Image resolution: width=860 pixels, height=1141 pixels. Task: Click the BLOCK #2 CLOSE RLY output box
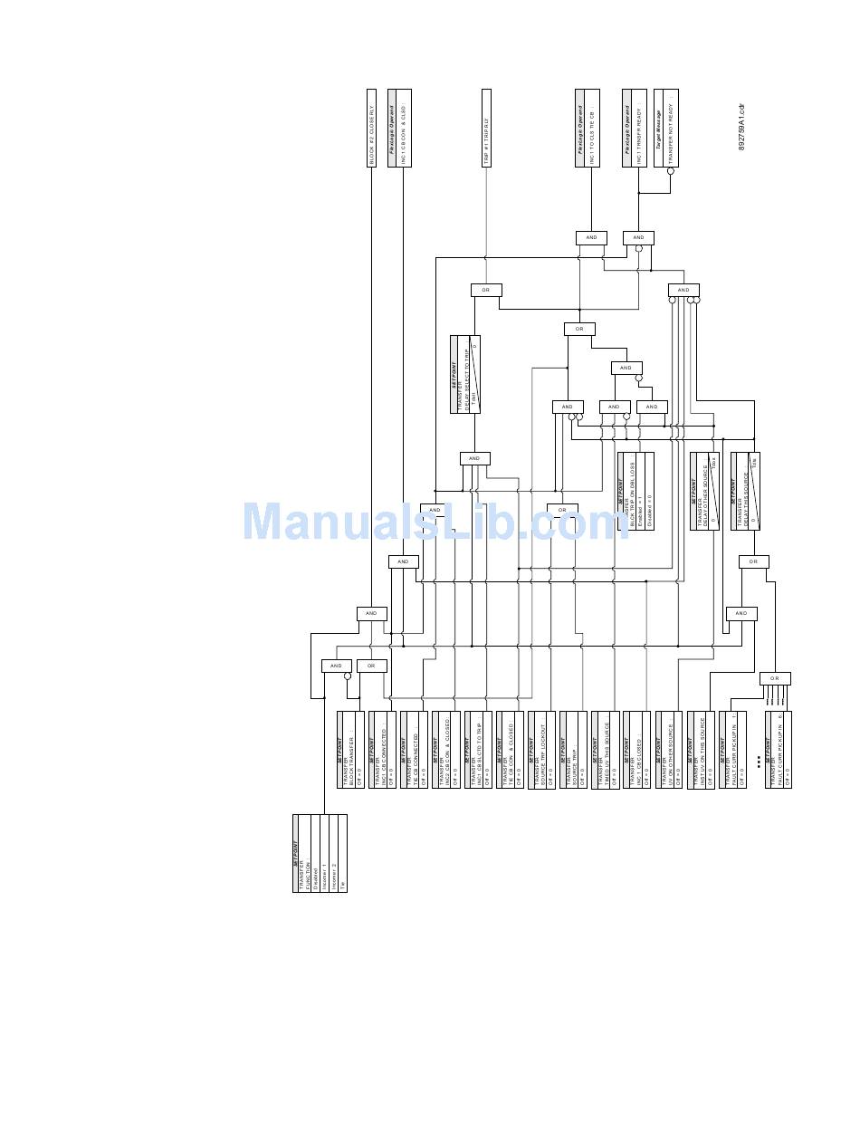[x=371, y=128]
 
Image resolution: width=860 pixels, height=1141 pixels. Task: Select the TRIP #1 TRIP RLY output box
[x=486, y=128]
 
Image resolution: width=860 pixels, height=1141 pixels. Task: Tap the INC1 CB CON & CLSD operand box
[x=398, y=128]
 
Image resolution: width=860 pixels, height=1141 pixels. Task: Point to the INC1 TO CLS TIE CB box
[x=588, y=128]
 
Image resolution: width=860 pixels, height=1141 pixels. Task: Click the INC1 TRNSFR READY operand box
[x=634, y=128]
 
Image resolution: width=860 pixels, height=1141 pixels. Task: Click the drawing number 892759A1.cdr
[x=741, y=127]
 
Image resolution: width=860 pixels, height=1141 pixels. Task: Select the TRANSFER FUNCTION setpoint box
[x=320, y=853]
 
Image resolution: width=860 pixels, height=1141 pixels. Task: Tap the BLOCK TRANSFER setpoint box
[x=350, y=750]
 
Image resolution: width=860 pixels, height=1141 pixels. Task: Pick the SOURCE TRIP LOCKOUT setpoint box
[x=541, y=750]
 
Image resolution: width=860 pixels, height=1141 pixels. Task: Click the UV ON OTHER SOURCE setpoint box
[x=668, y=750]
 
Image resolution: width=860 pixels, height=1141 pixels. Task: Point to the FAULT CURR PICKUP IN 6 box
[x=779, y=750]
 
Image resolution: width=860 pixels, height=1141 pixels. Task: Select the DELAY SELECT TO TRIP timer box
[x=465, y=374]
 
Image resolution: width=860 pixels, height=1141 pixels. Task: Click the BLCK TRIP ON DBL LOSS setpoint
[x=635, y=491]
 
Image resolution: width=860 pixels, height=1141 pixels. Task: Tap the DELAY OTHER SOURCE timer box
[x=704, y=491]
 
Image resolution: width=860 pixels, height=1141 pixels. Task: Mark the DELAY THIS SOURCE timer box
[x=745, y=491]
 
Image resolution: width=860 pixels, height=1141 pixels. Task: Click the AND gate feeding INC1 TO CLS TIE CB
[x=591, y=238]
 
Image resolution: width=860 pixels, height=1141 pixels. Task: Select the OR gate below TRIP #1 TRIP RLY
[x=486, y=290]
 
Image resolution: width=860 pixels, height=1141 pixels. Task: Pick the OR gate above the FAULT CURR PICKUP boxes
[x=775, y=678]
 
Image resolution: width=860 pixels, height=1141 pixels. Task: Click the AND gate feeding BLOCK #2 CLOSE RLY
[x=371, y=614]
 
